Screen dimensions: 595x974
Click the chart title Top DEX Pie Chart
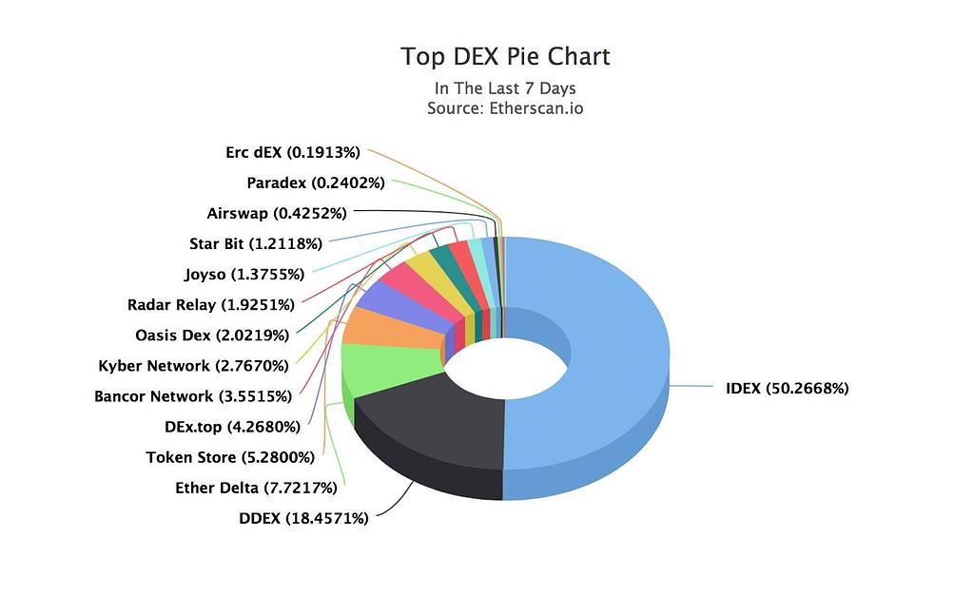505,57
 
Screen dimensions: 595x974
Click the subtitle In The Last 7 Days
505,88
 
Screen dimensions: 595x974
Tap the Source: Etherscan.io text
505,107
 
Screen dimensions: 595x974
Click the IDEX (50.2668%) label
787,388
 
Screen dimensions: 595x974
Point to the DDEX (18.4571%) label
302,518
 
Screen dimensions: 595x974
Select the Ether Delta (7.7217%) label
256,488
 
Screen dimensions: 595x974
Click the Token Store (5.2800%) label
229,457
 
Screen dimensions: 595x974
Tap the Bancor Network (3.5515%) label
193,395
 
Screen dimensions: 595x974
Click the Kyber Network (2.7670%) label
193,365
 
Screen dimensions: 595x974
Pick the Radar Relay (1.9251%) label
210,305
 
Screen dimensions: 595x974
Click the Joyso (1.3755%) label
243,275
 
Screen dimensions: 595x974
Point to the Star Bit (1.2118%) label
255,243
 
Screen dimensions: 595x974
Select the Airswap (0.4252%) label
276,213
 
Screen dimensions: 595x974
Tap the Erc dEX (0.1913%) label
292,152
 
